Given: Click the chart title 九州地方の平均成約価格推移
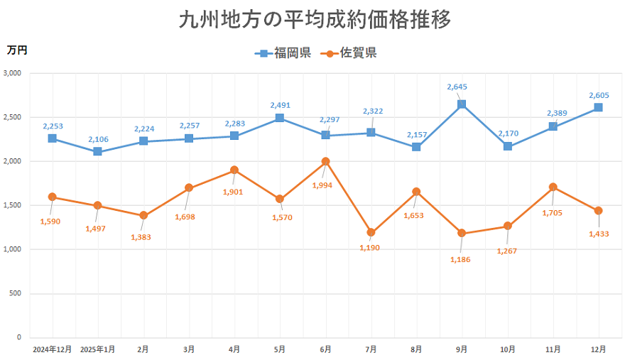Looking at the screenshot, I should coord(315,20).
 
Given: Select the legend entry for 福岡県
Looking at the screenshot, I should coord(284,53).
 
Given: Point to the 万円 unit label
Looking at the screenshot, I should coord(16,50).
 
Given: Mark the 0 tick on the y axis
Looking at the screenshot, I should coord(19,337).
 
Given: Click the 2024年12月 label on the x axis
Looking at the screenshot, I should coord(52,349).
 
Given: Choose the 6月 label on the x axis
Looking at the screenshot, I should coord(325,349).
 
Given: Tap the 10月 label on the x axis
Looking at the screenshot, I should coord(507,349).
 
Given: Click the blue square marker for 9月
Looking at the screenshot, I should coord(462,104).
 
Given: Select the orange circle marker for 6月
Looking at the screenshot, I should coord(325,161).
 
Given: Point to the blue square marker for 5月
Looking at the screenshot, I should coord(280,118).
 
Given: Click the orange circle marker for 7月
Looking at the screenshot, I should coord(371,232).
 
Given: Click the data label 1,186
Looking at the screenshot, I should coord(462,259).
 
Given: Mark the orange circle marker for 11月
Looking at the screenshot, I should coord(553,187).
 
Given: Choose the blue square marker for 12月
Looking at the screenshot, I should coord(598,108).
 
